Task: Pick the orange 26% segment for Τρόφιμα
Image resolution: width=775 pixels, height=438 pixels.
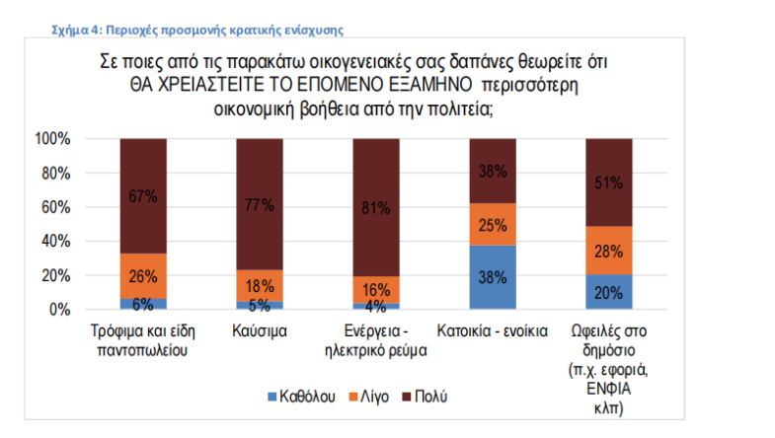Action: pos(143,276)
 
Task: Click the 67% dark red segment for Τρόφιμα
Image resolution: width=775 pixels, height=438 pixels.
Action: pos(143,196)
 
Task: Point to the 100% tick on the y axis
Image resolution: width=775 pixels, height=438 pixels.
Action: pos(54,140)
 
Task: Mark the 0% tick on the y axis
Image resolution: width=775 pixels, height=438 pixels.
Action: pos(62,310)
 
